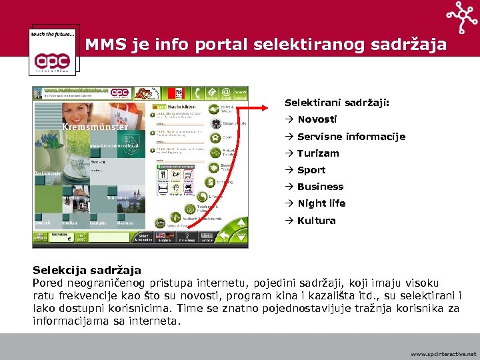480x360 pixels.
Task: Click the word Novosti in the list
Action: [x=317, y=119]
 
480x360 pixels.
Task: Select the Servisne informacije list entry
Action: [x=351, y=137]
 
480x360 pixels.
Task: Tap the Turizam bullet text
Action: [x=318, y=153]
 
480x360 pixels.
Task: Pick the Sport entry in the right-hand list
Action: [x=311, y=170]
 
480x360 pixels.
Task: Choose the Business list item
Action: [x=320, y=187]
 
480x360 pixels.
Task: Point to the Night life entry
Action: [x=321, y=203]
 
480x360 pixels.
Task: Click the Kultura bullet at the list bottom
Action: [x=316, y=221]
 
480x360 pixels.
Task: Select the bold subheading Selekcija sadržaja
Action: [x=87, y=270]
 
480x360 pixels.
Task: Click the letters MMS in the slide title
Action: [x=103, y=45]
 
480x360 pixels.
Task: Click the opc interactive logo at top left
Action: [x=54, y=50]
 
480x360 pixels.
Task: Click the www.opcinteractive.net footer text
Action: [x=443, y=354]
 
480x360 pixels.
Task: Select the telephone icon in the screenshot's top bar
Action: [x=210, y=93]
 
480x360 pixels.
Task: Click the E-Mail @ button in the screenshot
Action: [x=226, y=93]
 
